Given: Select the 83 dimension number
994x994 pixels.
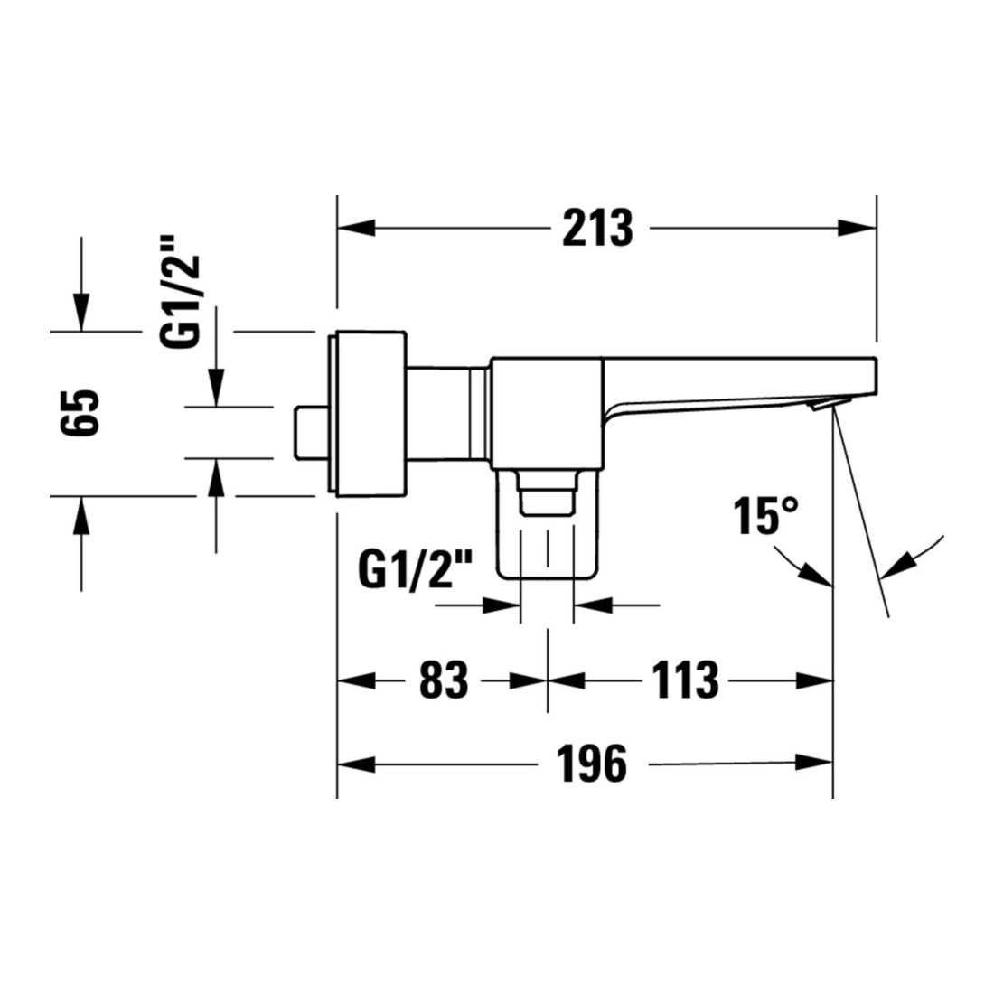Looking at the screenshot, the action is pyautogui.click(x=444, y=680).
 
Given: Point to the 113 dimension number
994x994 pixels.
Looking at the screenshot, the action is pyautogui.click(x=685, y=680).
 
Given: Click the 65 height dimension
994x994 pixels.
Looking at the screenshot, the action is pyautogui.click(x=80, y=412).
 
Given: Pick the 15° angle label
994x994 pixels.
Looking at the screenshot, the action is pyautogui.click(x=765, y=516).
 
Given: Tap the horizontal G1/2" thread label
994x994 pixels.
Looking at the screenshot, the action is pyautogui.click(x=416, y=568).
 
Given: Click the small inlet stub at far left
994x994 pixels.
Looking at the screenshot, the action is pyautogui.click(x=311, y=432).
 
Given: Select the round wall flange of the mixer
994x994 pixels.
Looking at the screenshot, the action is pyautogui.click(x=366, y=413).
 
